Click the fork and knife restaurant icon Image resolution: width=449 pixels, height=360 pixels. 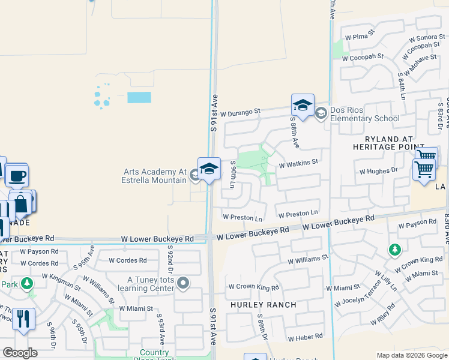pos(23,318)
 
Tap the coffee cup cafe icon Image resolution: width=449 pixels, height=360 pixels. pos(17,176)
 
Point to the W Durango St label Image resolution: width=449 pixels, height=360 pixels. pos(241,112)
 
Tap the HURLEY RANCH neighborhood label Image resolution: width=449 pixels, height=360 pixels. pos(264,305)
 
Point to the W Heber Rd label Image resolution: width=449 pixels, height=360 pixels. pos(305,338)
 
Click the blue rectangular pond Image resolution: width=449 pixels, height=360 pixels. pos(139,97)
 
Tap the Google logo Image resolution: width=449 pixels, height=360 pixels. pos(20,353)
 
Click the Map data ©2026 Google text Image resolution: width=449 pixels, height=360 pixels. pos(411,355)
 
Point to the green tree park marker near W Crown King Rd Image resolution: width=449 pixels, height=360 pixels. pos(394,249)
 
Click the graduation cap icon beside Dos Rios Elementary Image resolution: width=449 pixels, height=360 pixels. pos(303,106)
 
